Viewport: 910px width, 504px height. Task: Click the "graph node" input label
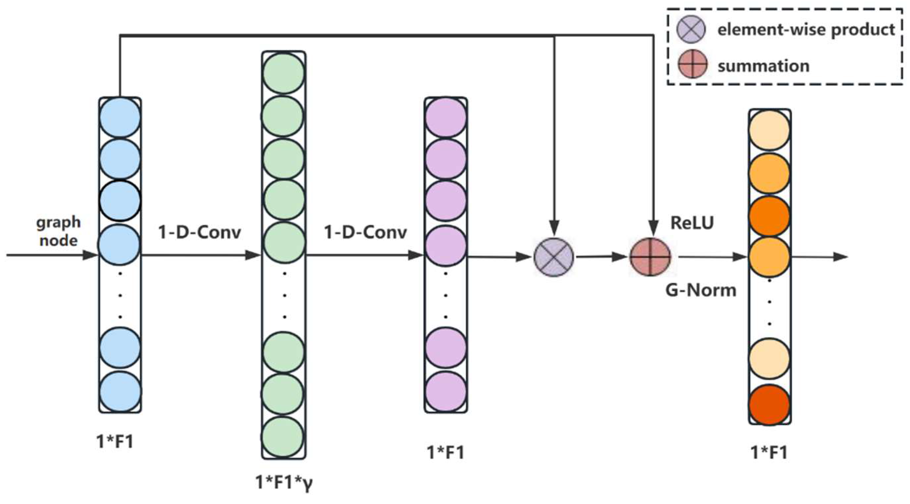pos(58,231)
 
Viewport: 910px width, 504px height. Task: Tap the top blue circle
pos(120,118)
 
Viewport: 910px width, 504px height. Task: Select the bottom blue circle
pos(120,391)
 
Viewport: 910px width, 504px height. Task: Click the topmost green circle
pos(284,73)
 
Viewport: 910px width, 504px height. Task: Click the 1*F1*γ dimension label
pos(284,482)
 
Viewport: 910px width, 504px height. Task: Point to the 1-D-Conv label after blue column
pos(199,232)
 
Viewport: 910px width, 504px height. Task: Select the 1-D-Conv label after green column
pos(365,232)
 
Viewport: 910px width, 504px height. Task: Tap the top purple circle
pos(446,118)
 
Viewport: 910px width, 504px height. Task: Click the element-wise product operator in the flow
pos(554,257)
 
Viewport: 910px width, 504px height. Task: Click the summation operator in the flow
pos(650,257)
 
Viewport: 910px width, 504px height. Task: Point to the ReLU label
pos(692,223)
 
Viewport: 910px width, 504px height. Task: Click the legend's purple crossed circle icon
pos(691,29)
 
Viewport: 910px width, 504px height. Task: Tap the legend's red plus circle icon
pos(693,65)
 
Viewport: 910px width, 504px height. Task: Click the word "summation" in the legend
pos(763,66)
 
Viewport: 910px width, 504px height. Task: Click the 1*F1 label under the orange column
pos(769,453)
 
